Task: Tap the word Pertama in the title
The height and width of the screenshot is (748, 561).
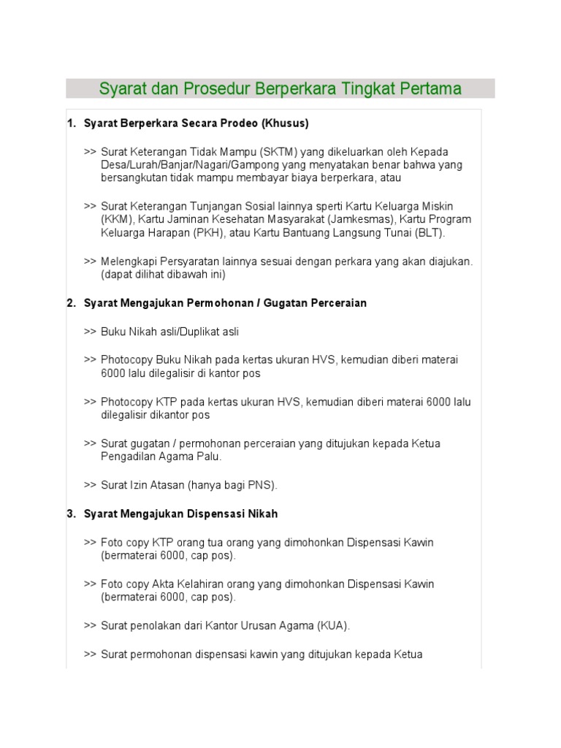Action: click(x=431, y=89)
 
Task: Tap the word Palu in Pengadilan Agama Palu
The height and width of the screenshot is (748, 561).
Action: click(x=208, y=457)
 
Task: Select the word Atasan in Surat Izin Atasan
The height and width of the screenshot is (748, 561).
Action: click(x=174, y=485)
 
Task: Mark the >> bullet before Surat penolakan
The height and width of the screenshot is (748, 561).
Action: click(x=90, y=626)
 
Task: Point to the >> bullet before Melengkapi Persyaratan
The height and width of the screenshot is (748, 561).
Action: click(x=90, y=262)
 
